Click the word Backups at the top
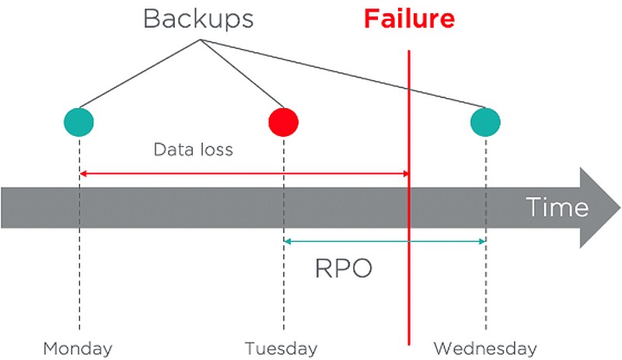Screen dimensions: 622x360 point(198,19)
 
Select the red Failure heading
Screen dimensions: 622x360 point(409,19)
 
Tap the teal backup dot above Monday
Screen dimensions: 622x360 point(79,122)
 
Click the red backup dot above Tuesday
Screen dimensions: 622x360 point(284,122)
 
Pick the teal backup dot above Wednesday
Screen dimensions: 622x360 point(485,122)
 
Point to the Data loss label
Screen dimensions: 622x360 point(193,149)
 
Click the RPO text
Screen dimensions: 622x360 point(344,268)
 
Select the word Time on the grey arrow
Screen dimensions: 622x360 point(557,207)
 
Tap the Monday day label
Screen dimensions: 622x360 point(78,349)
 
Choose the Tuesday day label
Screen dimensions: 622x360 point(281,349)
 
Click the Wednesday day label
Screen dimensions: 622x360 point(485,349)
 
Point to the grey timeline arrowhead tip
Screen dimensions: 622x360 point(620,208)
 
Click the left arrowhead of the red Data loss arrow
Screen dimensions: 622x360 point(81,173)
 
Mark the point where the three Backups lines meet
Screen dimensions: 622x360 point(201,40)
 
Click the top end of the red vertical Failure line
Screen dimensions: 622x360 point(409,51)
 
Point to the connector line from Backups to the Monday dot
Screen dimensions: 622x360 point(140,73)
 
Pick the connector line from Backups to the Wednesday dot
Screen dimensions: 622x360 point(343,73)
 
